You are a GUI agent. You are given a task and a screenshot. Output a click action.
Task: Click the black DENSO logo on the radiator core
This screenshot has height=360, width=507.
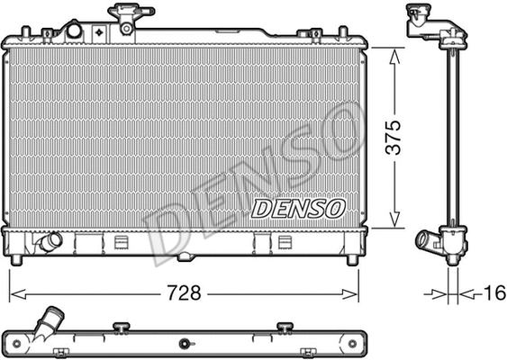[x=298, y=208]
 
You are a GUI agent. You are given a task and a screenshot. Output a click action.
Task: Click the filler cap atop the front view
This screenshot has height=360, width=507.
[x=124, y=16]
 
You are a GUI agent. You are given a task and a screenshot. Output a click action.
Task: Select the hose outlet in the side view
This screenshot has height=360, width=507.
[x=427, y=241]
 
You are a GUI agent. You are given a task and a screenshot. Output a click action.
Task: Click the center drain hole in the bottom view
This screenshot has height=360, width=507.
[x=184, y=343]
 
